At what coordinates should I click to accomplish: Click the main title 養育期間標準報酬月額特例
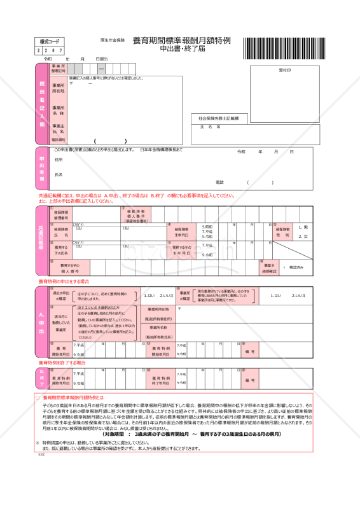pyautogui.click(x=181, y=40)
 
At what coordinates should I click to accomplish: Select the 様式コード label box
pyautogui.click(x=50, y=41)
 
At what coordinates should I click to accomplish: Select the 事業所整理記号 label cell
pyautogui.click(x=59, y=69)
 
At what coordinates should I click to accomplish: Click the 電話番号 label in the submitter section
pyautogui.click(x=59, y=139)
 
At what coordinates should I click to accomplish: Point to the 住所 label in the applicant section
pyautogui.click(x=59, y=160)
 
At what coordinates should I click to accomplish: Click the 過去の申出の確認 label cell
pyautogui.click(x=61, y=296)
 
